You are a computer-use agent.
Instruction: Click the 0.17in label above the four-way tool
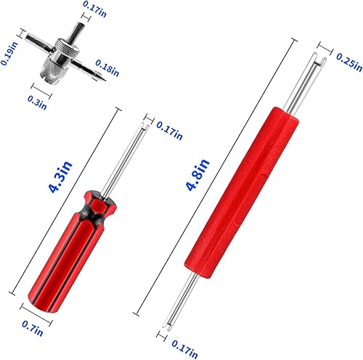[92, 7]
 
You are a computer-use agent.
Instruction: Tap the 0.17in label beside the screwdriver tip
[168, 132]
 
